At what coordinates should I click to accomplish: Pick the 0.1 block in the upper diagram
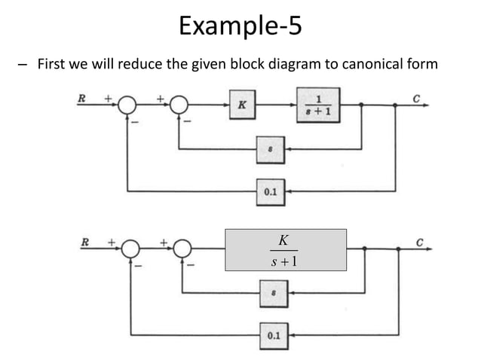coord(270,192)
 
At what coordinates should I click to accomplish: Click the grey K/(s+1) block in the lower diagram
coord(286,250)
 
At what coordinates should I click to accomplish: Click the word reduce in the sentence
coord(142,64)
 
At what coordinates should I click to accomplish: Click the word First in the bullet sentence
coord(49,64)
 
